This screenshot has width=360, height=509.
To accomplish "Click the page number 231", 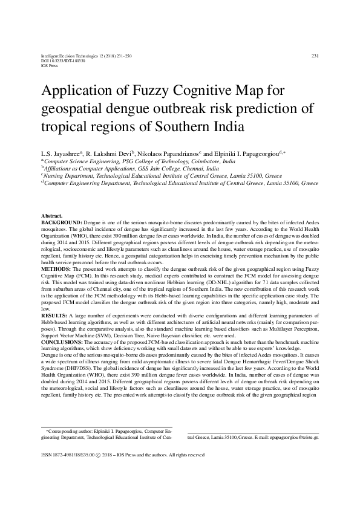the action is [315, 56].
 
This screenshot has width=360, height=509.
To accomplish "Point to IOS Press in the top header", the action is [48, 65].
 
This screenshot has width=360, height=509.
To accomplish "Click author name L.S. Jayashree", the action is [61, 153].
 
